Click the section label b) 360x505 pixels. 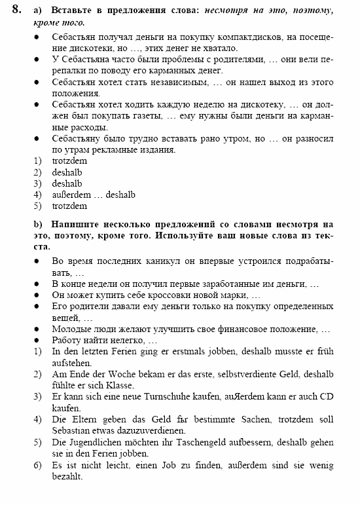coord(38,223)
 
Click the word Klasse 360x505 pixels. coord(120,385)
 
